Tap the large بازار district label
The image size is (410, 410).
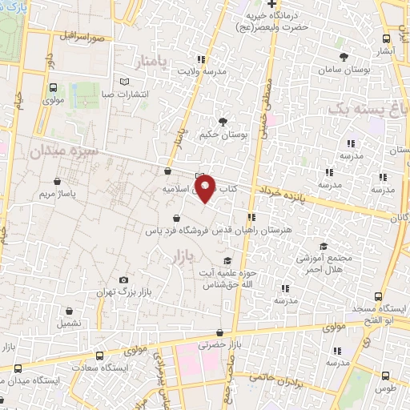(183, 257)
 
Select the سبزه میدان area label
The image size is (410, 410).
(63, 150)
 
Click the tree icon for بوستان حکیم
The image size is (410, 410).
(222, 122)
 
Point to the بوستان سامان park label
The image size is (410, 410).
(345, 70)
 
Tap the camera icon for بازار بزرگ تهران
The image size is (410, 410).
(123, 279)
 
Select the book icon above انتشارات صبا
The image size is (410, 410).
(123, 81)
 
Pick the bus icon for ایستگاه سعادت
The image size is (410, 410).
(99, 356)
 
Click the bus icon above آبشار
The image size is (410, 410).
(387, 37)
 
